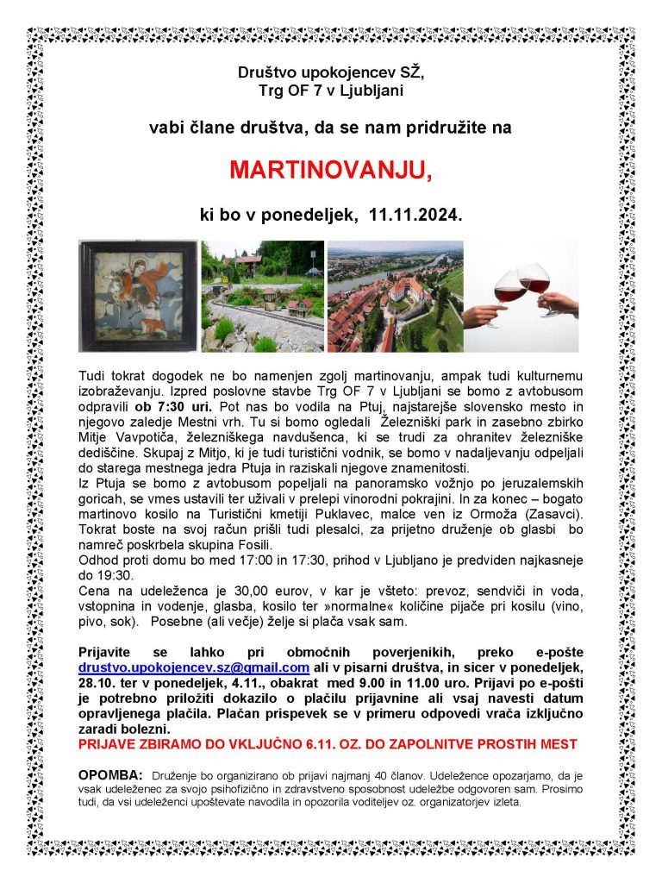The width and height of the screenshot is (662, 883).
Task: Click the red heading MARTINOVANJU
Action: (x=331, y=171)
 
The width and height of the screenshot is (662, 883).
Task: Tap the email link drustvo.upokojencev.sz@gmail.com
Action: (x=194, y=667)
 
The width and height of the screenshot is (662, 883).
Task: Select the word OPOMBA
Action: (x=110, y=773)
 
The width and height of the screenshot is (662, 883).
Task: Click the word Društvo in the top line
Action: (x=267, y=73)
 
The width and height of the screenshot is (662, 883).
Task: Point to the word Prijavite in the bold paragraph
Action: (x=109, y=652)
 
